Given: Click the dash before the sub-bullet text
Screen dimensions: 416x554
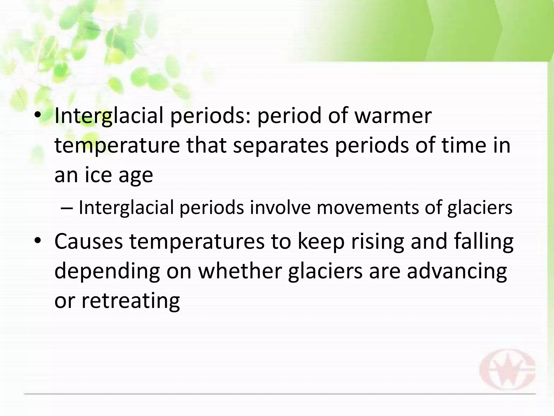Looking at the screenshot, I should [x=67, y=208].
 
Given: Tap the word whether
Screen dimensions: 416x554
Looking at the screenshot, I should [x=240, y=271].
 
